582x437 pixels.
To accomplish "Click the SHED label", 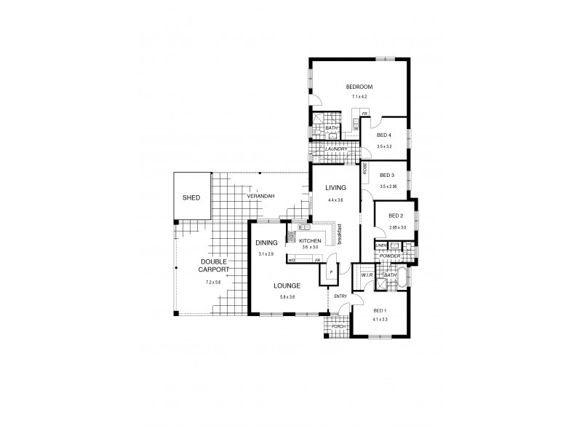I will pos(191,197).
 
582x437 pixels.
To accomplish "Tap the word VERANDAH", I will pos(260,197).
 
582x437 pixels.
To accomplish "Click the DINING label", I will pos(266,243).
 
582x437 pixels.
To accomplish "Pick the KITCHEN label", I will pos(310,240).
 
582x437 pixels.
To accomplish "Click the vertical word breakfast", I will pos(340,235).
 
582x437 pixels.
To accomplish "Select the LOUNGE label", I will pos(287,286).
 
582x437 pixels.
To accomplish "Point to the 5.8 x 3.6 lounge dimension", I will pos(287,297).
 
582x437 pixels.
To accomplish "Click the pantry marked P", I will pos(331,272).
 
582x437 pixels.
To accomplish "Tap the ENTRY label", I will pos(340,296).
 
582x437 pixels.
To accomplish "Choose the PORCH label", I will pos(338,327).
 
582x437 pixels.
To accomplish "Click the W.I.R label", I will pos(366,275).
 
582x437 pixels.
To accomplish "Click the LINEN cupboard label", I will pos(381,245).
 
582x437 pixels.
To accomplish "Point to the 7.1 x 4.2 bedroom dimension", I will pos(360,96).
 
